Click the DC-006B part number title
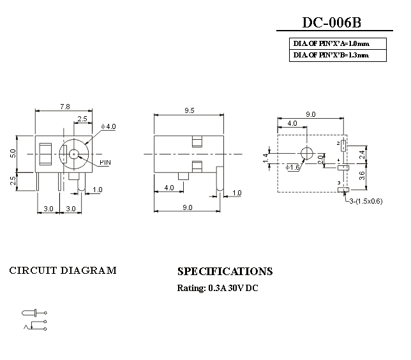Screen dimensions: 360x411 click(x=331, y=23)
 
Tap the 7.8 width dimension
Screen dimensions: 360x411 click(x=64, y=107)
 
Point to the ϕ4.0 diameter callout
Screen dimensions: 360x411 click(x=109, y=126)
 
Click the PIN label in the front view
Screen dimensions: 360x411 click(x=105, y=163)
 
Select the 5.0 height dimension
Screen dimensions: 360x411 click(x=13, y=153)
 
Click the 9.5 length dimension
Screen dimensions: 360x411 click(x=189, y=110)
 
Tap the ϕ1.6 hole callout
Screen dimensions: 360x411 click(x=293, y=167)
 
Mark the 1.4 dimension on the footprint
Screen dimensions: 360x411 click(x=265, y=158)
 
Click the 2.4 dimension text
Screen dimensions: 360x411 click(x=362, y=154)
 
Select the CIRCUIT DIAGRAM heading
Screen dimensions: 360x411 click(x=63, y=270)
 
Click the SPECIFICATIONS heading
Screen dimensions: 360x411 click(x=225, y=271)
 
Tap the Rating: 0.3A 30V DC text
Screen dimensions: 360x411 click(x=218, y=288)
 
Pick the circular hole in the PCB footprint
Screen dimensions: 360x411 click(x=306, y=154)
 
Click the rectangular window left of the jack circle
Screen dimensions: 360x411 click(x=46, y=154)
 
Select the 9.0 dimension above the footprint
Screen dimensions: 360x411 click(x=311, y=114)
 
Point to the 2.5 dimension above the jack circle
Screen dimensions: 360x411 click(x=82, y=119)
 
